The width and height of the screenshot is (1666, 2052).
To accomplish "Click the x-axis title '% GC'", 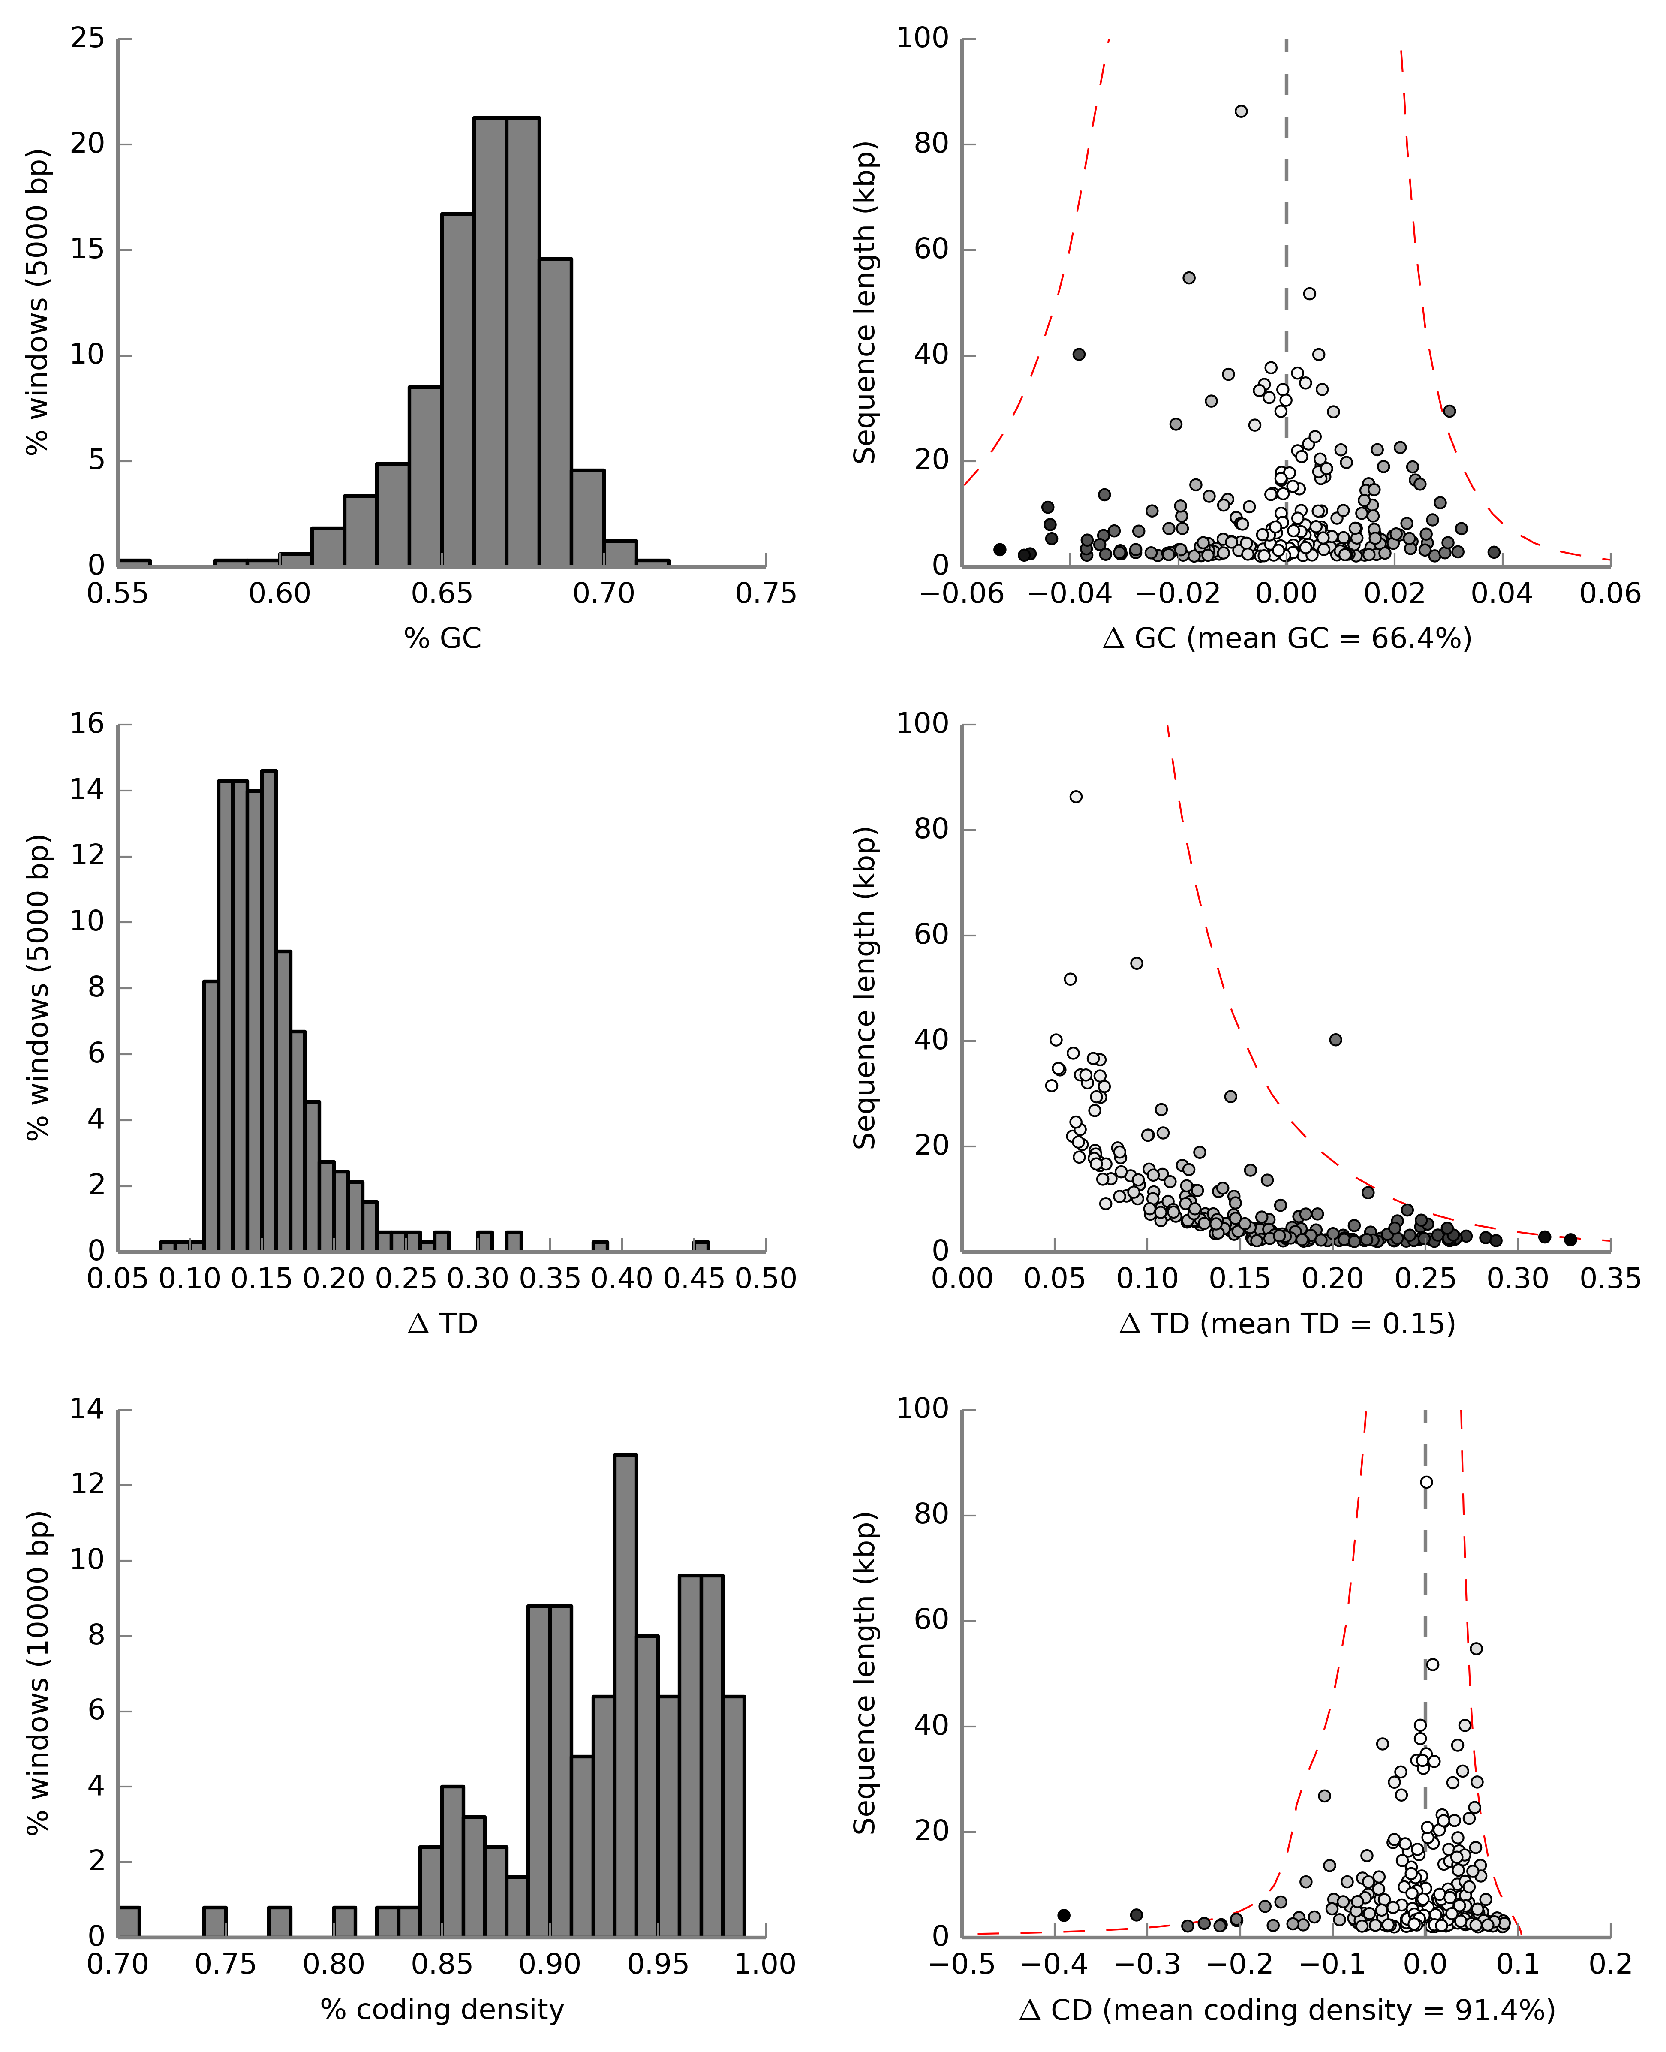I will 442,638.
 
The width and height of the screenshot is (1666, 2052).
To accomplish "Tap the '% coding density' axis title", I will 442,2009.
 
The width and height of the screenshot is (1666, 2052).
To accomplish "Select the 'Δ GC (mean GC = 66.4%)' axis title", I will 1287,638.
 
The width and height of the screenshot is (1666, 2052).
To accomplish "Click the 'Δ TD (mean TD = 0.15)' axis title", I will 1287,1324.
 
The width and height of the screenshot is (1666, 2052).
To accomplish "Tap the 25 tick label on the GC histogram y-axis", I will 87,39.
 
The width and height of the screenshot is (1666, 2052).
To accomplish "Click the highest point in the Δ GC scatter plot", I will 1241,111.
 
